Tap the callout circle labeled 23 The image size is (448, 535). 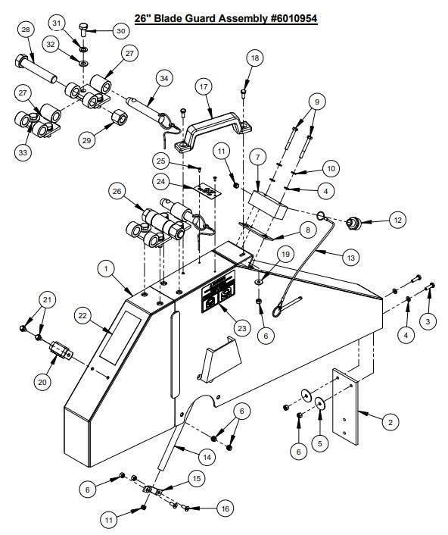[x=241, y=328]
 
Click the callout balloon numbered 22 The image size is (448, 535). [x=82, y=315]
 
